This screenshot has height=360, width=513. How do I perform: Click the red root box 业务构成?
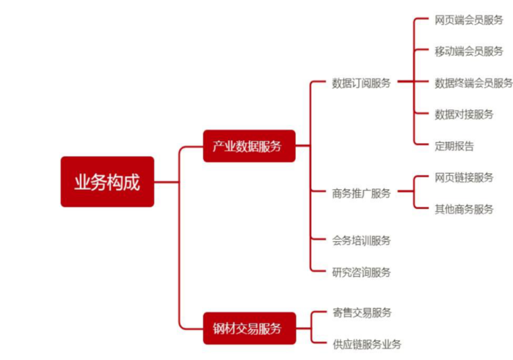tap(107, 182)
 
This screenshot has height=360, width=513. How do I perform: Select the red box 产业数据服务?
tap(249, 145)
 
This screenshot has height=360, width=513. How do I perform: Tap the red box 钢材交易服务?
tap(249, 328)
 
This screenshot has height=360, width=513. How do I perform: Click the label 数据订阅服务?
tap(361, 83)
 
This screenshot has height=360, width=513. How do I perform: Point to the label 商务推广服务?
tap(361, 194)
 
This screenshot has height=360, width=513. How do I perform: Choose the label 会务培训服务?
tap(361, 240)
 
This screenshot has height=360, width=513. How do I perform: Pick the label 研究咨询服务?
tap(361, 272)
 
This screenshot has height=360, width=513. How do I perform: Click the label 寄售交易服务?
tap(361, 312)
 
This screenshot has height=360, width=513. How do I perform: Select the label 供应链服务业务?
tap(366, 344)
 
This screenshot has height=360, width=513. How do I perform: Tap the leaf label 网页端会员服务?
tap(469, 20)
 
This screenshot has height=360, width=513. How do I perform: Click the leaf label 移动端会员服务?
tap(469, 51)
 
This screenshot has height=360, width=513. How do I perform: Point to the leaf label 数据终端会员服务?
tap(473, 83)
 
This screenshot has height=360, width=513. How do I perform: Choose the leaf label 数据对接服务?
tap(464, 114)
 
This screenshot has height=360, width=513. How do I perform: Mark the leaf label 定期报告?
tap(454, 146)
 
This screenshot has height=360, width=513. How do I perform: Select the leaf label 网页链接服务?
tap(464, 177)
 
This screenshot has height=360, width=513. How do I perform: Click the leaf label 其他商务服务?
tap(464, 209)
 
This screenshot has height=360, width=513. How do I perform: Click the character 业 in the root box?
tap(82, 182)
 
